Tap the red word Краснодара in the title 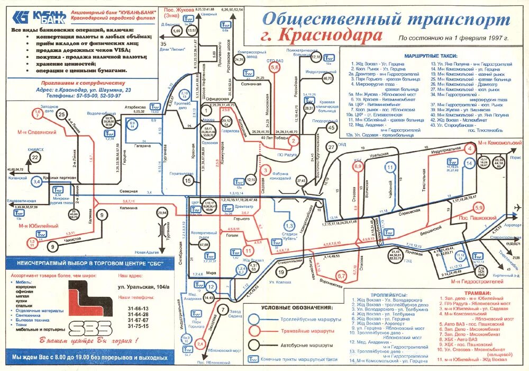click(x=330, y=36)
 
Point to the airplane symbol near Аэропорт click(x=518, y=206)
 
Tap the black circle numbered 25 click(x=62, y=114)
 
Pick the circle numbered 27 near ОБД click(x=331, y=147)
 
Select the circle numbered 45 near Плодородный click(x=331, y=127)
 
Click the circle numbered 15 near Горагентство click(x=189, y=181)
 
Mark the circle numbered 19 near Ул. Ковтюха click(x=281, y=272)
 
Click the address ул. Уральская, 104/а click(x=143, y=287)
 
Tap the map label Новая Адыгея click(x=147, y=252)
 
